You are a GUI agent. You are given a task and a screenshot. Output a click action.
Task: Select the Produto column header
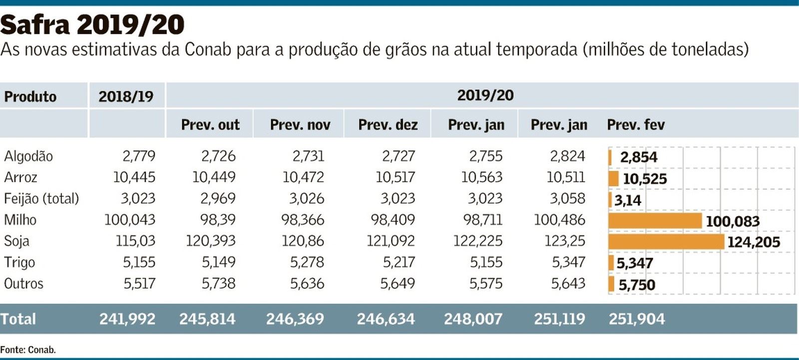click(x=30, y=96)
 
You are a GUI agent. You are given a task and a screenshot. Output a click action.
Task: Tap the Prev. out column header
click(x=210, y=125)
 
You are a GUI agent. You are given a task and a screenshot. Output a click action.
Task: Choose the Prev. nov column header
click(x=300, y=125)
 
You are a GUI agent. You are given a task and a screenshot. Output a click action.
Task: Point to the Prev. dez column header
click(x=388, y=125)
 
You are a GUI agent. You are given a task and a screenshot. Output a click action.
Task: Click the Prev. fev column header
click(x=636, y=125)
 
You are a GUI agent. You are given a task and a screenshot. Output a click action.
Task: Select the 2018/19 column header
click(x=126, y=96)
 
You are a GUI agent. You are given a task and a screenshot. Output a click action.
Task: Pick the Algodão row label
click(x=28, y=156)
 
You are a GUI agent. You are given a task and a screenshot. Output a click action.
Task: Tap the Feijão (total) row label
click(x=41, y=199)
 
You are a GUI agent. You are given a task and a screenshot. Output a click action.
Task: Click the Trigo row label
click(x=19, y=262)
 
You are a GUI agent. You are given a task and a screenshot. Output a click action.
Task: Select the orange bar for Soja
click(x=666, y=242)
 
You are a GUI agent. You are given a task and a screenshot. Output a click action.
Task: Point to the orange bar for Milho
click(x=655, y=221)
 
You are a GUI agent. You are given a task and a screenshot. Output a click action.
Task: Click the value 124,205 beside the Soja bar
click(x=754, y=242)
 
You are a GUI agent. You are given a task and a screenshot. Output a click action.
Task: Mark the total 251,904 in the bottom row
click(x=637, y=319)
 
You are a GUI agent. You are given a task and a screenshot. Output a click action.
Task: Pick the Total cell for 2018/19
click(x=127, y=319)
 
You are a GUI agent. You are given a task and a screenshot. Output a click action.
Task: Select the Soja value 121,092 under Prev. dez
click(x=391, y=241)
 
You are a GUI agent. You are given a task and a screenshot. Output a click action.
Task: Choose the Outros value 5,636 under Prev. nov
click(x=307, y=284)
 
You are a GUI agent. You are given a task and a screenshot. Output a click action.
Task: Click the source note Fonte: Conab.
click(x=28, y=350)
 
